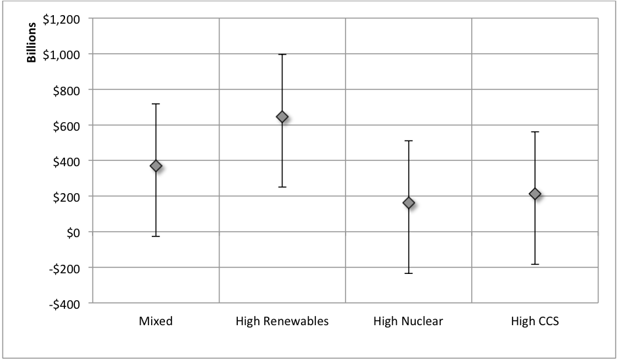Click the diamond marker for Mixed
156,166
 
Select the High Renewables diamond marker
282,117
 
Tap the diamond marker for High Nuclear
409,202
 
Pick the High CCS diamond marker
535,194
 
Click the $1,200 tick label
62,18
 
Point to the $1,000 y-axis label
62,54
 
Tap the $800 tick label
66,89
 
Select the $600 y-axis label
66,125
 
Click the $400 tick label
66,161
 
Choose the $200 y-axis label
66,196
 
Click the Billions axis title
32,45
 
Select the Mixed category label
156,321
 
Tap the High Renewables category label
282,321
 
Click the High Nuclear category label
408,321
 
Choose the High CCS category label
535,321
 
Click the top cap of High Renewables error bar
282,54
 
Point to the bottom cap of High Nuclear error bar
409,273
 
